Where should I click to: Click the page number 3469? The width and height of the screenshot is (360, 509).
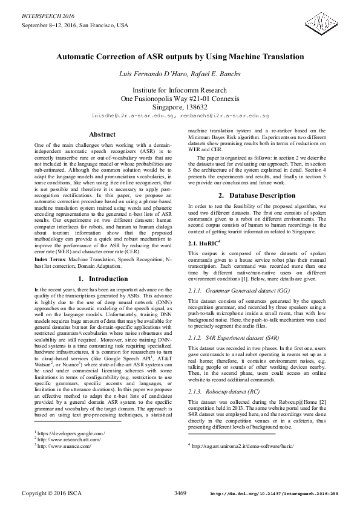[180, 493]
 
